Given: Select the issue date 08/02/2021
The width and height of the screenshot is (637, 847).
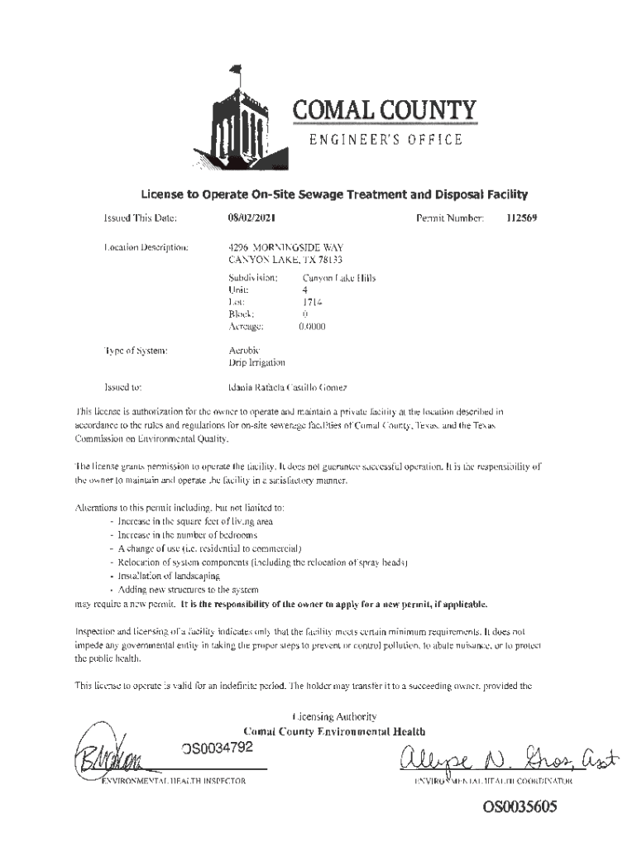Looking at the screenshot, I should (x=251, y=219).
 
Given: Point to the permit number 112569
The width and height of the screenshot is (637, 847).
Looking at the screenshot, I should (x=522, y=219).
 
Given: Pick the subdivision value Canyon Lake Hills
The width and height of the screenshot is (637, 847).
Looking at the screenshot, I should (x=339, y=278).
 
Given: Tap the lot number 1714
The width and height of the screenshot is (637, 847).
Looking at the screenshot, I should (x=312, y=303).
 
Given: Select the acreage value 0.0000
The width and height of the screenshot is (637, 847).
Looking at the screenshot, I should (x=312, y=327).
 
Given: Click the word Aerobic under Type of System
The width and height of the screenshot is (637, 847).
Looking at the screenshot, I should (x=245, y=351).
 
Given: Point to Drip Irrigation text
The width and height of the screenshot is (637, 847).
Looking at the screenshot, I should (x=256, y=362).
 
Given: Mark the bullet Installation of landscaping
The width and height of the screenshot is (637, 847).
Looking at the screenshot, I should (x=158, y=574).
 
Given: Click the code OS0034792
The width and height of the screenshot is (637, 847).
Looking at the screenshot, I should (x=217, y=749).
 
